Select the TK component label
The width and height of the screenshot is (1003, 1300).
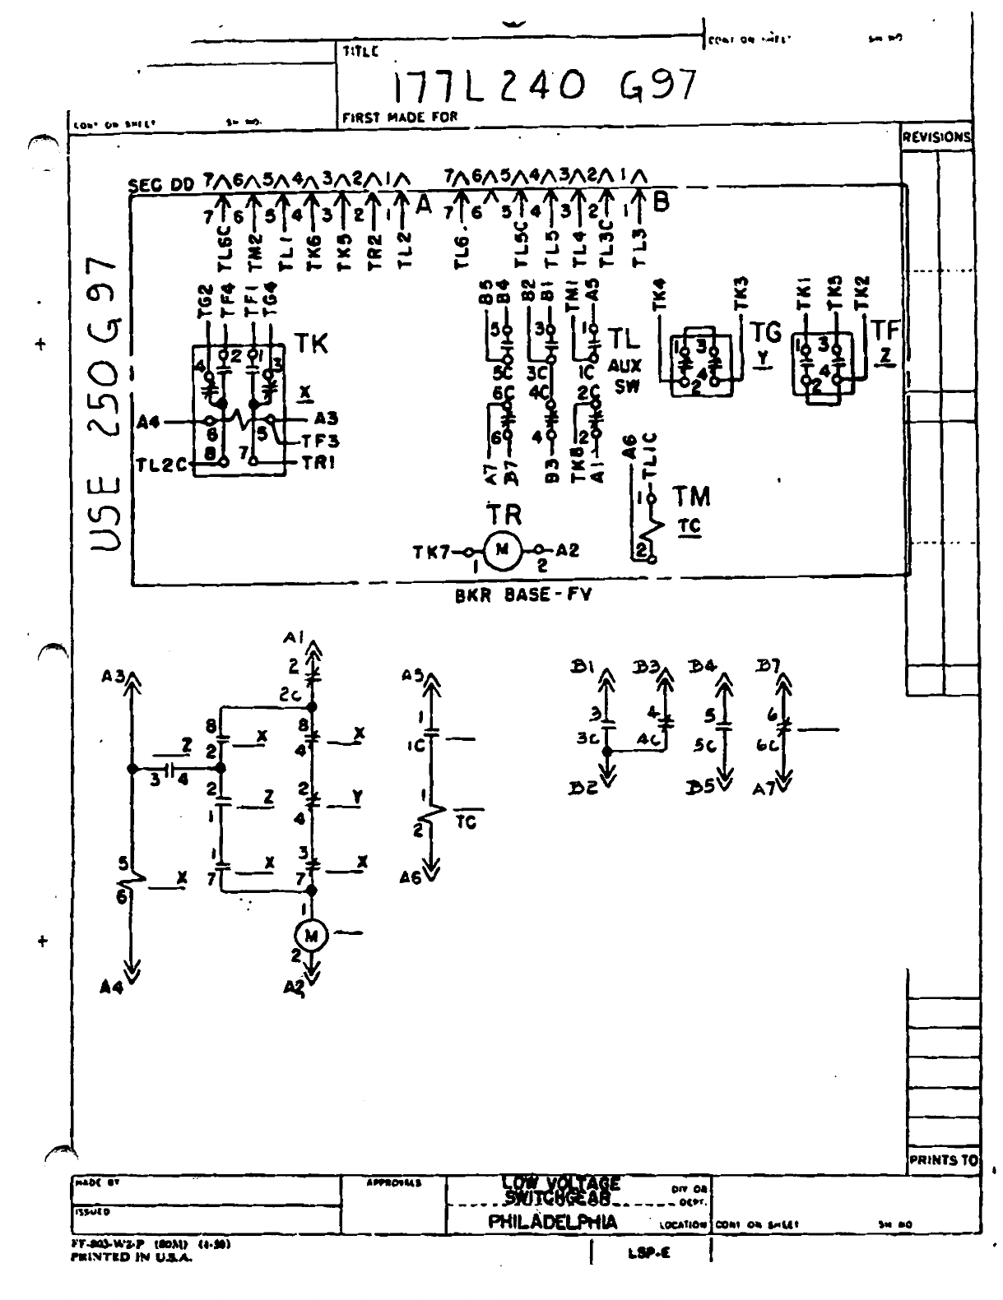[311, 344]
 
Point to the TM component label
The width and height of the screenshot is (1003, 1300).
[691, 497]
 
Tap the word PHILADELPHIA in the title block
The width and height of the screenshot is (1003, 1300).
[552, 1222]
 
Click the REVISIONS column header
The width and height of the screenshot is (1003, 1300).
[936, 137]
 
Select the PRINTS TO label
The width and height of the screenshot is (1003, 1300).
[943, 1160]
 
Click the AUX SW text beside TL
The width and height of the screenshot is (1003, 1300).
[622, 376]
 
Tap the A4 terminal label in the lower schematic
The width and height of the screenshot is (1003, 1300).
[110, 988]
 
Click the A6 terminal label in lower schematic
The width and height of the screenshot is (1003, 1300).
[411, 877]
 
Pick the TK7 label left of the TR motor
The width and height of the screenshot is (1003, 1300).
[432, 551]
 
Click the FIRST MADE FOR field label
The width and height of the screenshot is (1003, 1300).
[399, 118]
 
